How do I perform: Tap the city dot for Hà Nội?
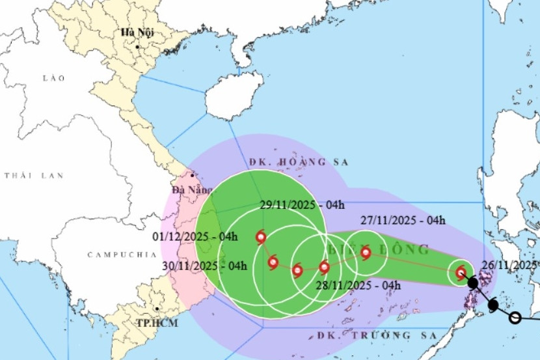(x=137, y=47)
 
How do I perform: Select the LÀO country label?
(x=53, y=78)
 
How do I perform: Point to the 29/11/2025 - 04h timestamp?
(x=302, y=204)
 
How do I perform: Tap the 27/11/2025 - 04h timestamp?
(x=402, y=220)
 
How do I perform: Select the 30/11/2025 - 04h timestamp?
(x=204, y=266)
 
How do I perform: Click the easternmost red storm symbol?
(x=461, y=273)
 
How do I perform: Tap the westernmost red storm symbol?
(x=261, y=238)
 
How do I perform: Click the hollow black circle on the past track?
(x=515, y=318)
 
